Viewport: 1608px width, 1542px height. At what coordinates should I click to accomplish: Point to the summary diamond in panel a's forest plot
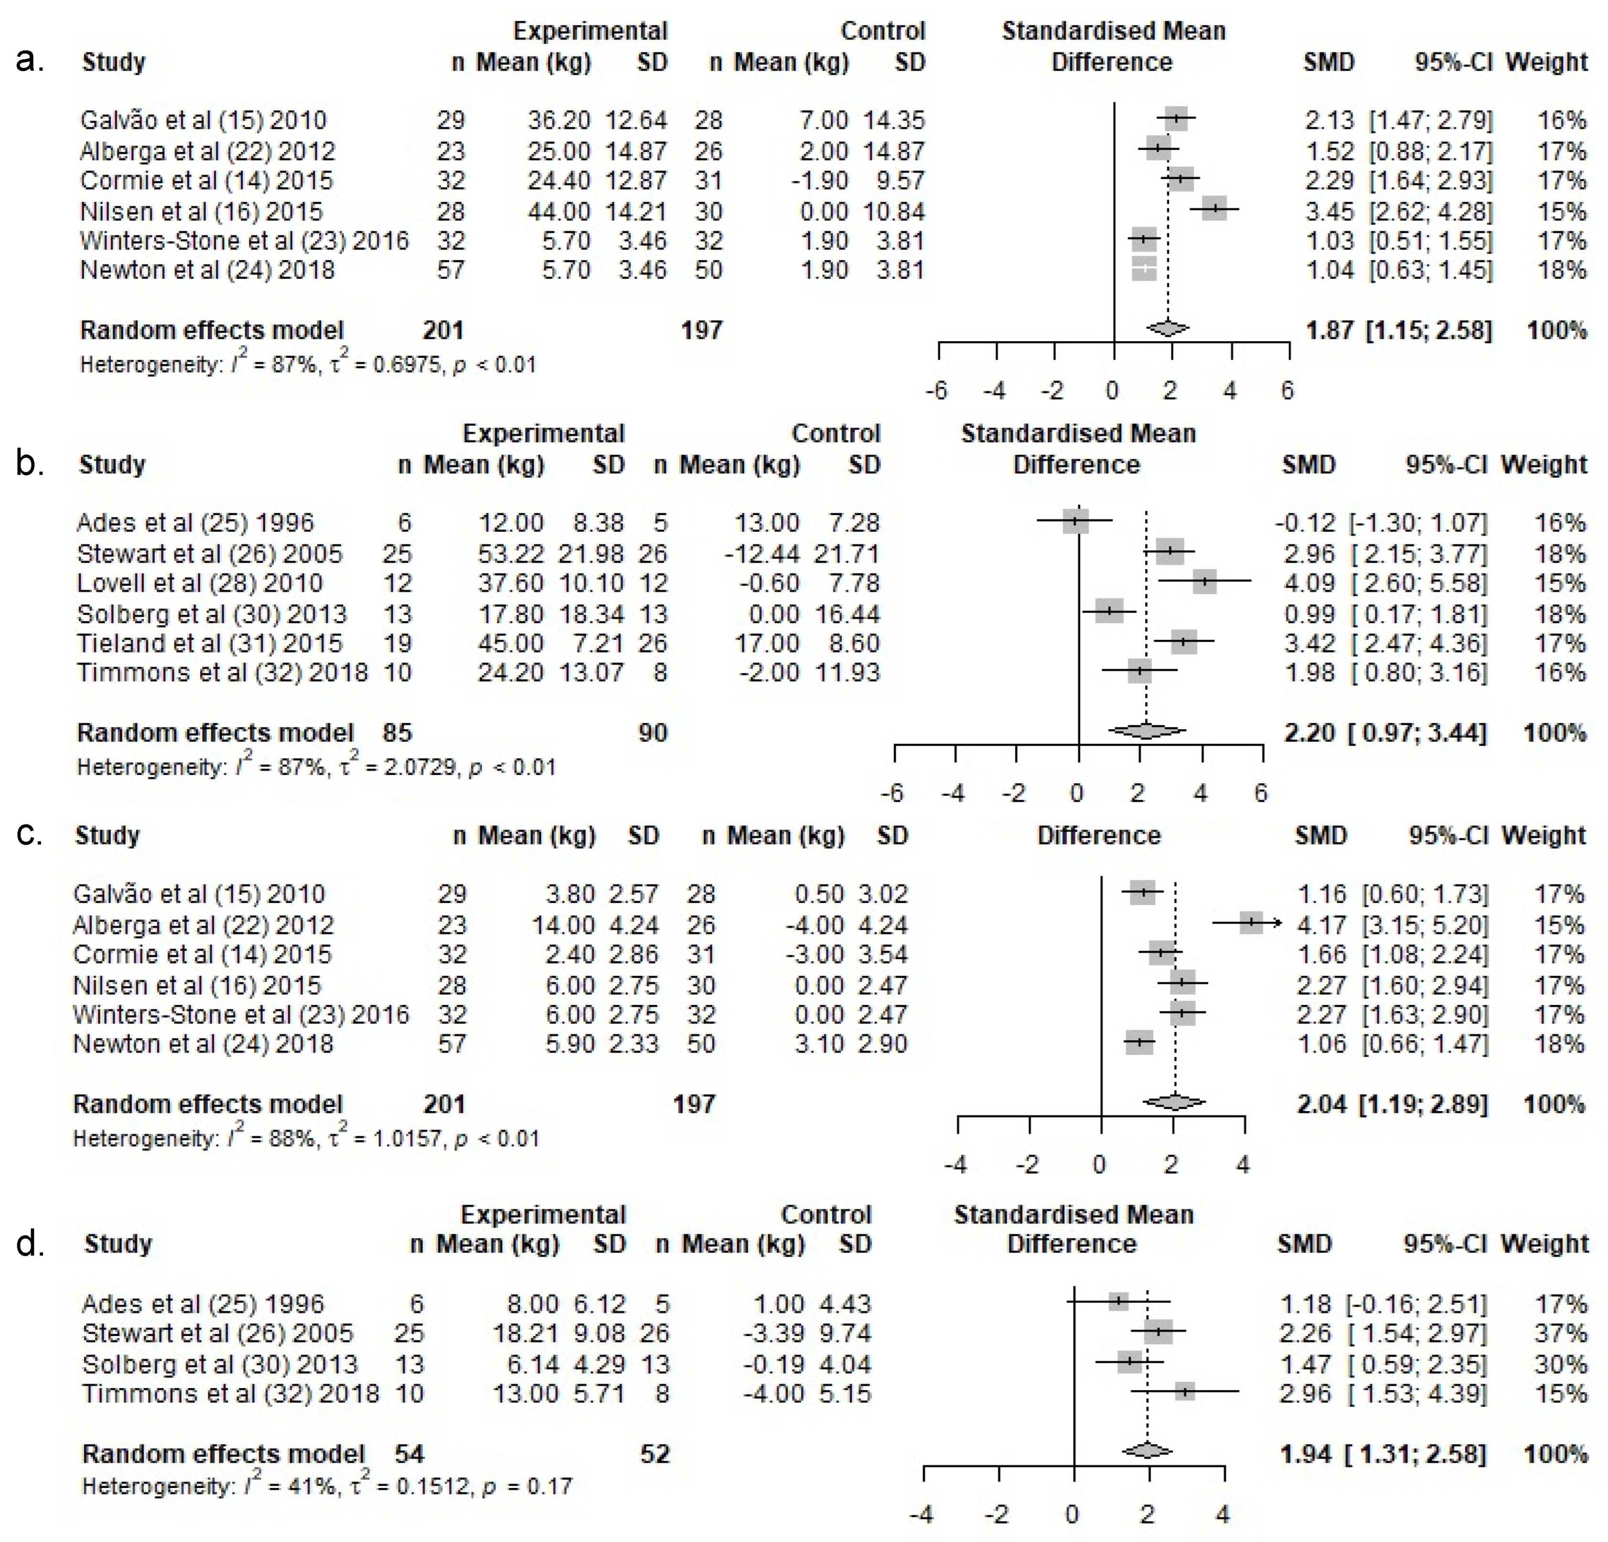point(1168,328)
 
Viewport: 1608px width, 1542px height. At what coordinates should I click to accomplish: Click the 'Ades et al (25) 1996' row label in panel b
point(195,523)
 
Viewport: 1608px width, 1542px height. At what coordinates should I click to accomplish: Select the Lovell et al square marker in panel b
point(1204,582)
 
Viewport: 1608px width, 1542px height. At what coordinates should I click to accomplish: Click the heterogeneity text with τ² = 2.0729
point(316,767)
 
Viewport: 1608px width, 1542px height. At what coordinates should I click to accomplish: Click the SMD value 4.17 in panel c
point(1321,925)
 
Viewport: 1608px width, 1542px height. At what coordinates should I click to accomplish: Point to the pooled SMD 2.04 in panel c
point(1321,1104)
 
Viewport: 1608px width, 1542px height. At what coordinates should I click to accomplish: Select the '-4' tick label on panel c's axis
point(956,1164)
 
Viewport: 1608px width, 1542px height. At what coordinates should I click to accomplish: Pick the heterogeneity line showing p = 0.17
point(327,1486)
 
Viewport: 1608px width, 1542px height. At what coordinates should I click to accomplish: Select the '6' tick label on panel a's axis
point(1287,390)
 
